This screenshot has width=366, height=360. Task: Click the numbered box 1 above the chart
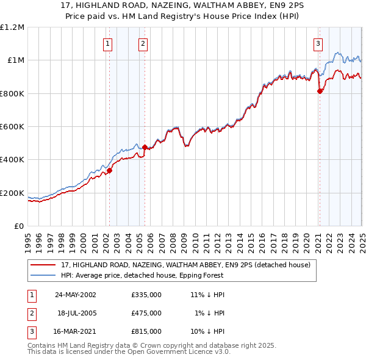[107, 43]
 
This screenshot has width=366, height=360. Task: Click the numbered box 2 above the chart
[142, 43]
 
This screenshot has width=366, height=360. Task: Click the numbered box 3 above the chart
[318, 43]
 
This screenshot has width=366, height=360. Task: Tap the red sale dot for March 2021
[320, 91]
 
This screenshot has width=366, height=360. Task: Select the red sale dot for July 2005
[145, 147]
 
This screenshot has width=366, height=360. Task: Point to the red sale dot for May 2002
[110, 170]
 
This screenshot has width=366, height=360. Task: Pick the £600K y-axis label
[12, 126]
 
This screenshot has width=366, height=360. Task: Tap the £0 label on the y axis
[18, 226]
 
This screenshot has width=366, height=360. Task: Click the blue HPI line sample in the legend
[44, 275]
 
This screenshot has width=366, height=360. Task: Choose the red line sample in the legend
[44, 265]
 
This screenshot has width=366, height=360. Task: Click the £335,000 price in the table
[146, 294]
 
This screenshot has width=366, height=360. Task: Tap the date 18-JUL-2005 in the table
[77, 313]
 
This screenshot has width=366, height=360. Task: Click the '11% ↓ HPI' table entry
[207, 294]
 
